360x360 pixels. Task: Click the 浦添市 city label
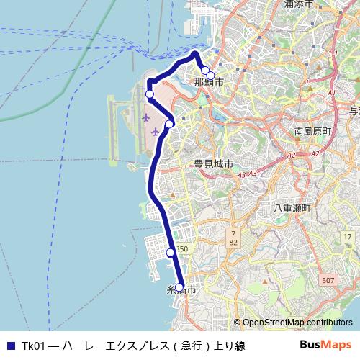point(298,4)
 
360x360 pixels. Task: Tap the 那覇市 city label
point(208,83)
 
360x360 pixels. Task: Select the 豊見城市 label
point(213,165)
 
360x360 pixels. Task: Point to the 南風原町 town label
point(312,132)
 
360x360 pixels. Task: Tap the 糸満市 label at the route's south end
point(181,290)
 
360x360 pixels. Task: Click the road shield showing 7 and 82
point(233,238)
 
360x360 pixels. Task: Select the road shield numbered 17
point(346,237)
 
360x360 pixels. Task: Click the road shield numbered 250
point(182,249)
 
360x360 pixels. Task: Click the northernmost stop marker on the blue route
point(205,71)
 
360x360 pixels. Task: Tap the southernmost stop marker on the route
point(179,287)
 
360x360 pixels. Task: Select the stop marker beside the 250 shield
point(171,252)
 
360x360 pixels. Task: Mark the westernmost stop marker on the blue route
point(150,94)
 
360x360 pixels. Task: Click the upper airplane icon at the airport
point(147,116)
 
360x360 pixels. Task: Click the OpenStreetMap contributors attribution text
point(293,323)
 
